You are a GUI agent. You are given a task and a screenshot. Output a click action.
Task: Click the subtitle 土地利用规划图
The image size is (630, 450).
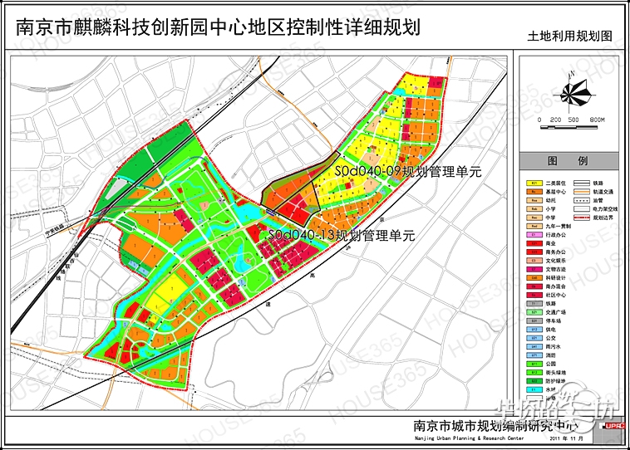pos(569,37)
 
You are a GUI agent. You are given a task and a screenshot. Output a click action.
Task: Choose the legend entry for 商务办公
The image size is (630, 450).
pos(541,252)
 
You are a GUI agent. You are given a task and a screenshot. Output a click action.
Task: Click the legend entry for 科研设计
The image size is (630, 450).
pos(541,277)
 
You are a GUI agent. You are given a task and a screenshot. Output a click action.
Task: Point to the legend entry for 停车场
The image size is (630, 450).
pos(541,320)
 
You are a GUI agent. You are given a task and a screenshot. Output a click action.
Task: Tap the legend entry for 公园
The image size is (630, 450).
pos(541,364)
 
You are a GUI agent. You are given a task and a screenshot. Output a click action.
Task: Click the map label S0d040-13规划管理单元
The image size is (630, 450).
pos(341,236)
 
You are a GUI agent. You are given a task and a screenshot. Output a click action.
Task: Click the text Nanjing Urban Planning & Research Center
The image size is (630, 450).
pos(469,438)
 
